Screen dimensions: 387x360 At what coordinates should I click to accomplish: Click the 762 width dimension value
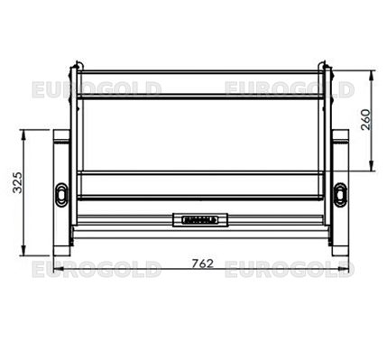203,263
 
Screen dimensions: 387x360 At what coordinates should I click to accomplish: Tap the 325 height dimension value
17,182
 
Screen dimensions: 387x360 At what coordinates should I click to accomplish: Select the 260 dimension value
366,119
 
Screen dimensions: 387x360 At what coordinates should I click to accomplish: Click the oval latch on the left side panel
61,194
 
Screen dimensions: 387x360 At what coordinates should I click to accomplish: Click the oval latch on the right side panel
340,194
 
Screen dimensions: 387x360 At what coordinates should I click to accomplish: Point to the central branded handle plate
200,220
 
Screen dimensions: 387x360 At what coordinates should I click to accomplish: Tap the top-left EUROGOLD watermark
97,89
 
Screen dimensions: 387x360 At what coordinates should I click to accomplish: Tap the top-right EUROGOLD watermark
290,89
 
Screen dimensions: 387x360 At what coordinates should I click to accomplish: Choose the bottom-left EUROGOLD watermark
97,269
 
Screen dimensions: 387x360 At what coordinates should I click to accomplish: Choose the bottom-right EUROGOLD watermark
290,269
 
